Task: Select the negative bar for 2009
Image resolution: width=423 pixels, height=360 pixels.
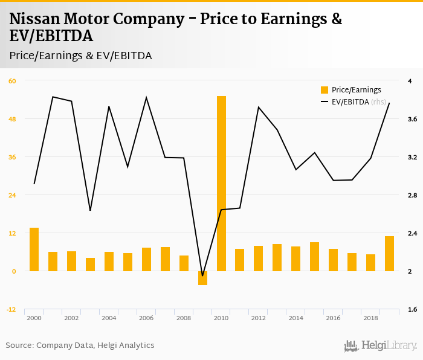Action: [202, 278]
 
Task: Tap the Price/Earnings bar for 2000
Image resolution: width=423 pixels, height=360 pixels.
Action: [34, 249]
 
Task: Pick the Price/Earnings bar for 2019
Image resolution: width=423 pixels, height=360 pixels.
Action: [389, 253]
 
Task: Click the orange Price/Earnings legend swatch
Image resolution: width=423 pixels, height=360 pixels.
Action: [325, 90]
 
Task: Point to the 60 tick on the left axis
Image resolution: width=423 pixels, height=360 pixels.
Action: [12, 81]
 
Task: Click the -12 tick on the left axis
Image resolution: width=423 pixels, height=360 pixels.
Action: [11, 309]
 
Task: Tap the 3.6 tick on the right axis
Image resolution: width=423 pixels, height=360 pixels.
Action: [413, 119]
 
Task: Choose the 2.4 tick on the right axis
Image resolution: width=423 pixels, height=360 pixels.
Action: [413, 233]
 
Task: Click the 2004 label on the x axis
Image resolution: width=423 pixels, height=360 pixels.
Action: [109, 318]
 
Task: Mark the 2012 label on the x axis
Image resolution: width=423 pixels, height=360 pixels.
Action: [259, 318]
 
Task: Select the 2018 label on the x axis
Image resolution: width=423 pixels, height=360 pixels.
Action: [370, 318]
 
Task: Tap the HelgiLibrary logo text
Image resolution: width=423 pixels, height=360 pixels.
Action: [389, 346]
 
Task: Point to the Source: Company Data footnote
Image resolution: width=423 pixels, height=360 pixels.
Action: [80, 346]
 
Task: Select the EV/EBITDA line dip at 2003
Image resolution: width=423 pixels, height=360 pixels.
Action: [90, 210]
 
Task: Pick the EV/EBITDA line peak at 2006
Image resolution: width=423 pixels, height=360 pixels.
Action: [146, 97]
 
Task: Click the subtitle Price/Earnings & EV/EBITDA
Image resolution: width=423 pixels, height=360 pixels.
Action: [80, 56]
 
